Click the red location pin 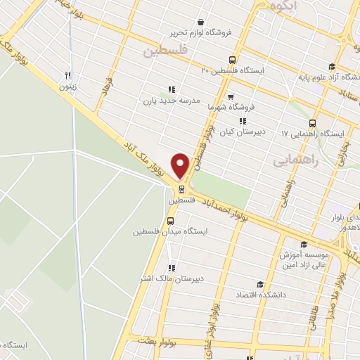181,165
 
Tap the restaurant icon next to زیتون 68,75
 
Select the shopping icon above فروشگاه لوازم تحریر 201,22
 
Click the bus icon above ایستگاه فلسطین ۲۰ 233,60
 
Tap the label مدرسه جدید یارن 167,101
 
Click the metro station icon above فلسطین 182,188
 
